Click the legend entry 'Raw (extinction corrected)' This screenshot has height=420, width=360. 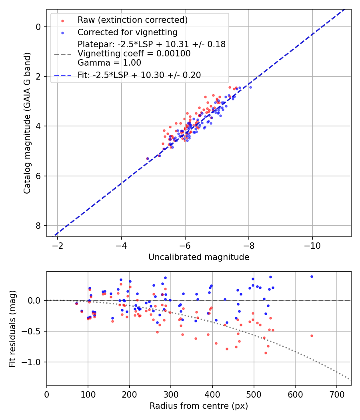132,20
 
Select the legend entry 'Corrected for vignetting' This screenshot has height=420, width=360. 127,32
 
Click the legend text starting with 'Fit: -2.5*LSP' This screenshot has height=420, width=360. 139,75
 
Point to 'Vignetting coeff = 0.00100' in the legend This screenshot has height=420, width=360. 134,54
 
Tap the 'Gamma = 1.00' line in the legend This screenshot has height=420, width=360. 109,63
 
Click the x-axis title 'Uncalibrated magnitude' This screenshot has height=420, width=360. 199,257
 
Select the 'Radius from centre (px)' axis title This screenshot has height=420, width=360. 199,406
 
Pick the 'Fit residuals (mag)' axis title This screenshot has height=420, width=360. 12,328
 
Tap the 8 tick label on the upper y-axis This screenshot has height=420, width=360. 38,226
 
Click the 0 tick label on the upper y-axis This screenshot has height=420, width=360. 38,27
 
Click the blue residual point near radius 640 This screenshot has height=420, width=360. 312,276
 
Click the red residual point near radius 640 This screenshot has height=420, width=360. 312,336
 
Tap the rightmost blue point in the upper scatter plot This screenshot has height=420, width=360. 250,87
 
